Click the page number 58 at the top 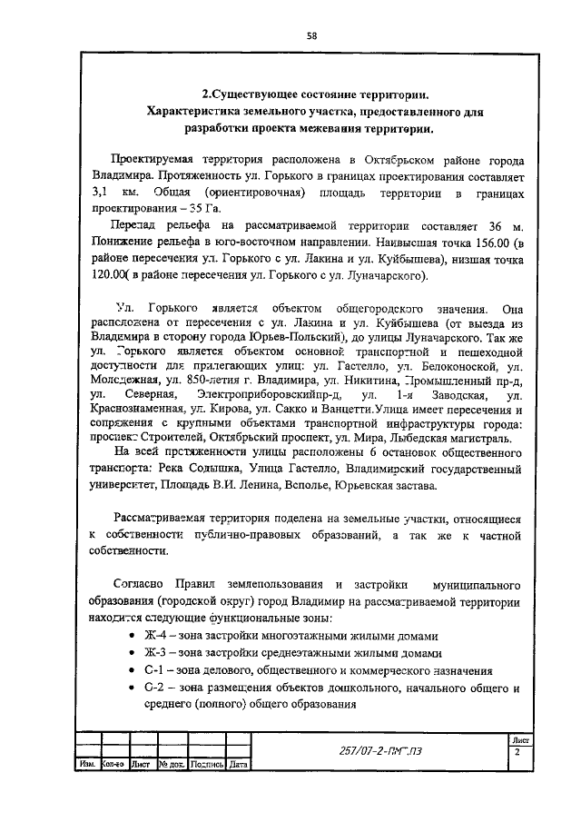coord(310,35)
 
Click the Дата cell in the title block coord(239,765)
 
